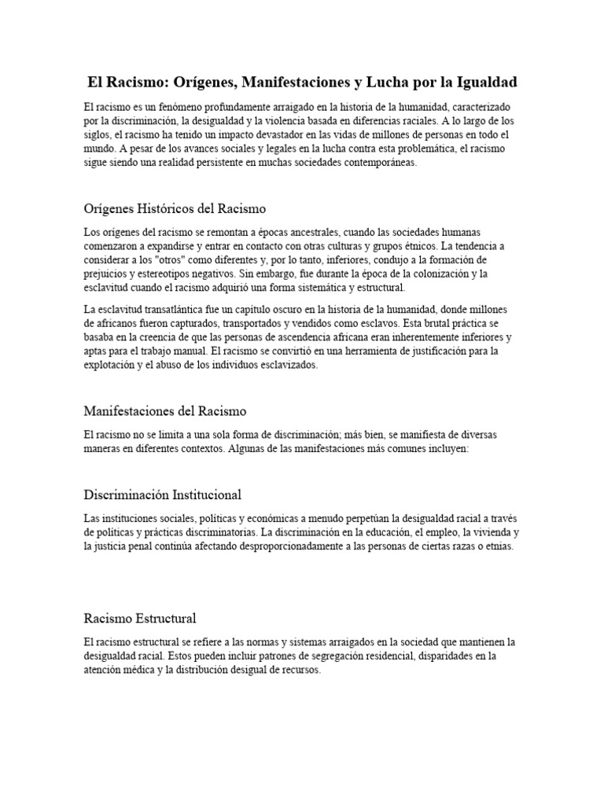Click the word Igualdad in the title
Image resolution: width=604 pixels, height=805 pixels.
tap(483, 83)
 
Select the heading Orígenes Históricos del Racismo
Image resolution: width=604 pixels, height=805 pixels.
tap(175, 209)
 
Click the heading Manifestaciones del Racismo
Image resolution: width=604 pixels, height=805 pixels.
tap(164, 411)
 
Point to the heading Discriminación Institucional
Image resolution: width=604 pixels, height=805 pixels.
tap(162, 494)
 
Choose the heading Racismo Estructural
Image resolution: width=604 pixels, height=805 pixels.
tap(139, 618)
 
